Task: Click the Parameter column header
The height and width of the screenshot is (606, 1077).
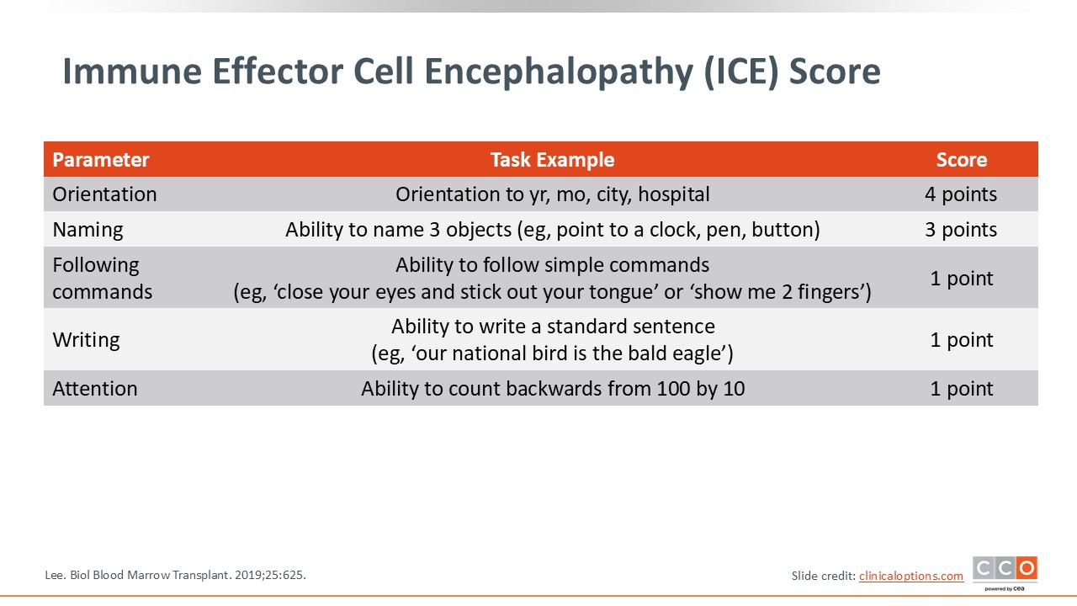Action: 100,160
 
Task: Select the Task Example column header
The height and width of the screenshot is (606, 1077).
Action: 553,160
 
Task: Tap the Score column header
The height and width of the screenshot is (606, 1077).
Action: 961,160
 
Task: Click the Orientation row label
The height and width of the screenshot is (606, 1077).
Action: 104,194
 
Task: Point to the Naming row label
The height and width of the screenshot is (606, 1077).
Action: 88,230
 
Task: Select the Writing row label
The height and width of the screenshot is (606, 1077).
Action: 86,340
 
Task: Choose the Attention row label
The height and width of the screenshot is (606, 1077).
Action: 95,389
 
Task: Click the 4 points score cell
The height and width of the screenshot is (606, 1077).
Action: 961,194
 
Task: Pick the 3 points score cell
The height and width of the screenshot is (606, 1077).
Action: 961,230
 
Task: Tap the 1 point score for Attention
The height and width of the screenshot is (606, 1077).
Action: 961,389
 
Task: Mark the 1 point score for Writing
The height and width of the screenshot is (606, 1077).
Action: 961,340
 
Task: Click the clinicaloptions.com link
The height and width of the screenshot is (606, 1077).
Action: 911,576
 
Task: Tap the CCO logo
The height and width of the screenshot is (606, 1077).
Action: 1005,572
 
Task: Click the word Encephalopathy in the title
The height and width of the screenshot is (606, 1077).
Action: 558,72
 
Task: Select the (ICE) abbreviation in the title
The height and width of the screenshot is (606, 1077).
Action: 740,72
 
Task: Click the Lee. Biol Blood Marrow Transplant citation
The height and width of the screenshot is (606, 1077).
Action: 175,575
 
